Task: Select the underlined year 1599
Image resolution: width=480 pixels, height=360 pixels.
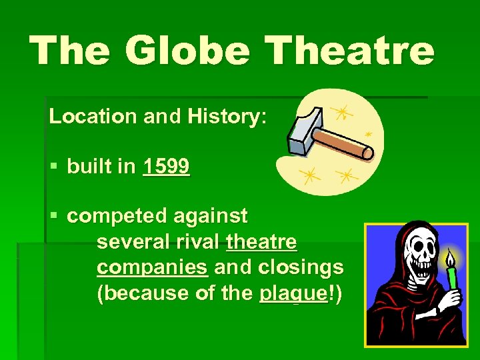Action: pos(166,167)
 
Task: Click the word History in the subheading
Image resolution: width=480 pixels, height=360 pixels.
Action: pos(225,117)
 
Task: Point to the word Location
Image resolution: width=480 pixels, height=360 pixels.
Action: pos(92,117)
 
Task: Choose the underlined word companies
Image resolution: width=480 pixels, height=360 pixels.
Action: pos(152,267)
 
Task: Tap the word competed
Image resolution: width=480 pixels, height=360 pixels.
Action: pos(117,216)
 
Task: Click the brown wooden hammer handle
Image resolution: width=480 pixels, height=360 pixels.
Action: pos(343,143)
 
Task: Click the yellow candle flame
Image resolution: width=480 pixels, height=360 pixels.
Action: pos(451,258)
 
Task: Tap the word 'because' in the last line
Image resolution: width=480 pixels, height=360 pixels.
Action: pos(143,293)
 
